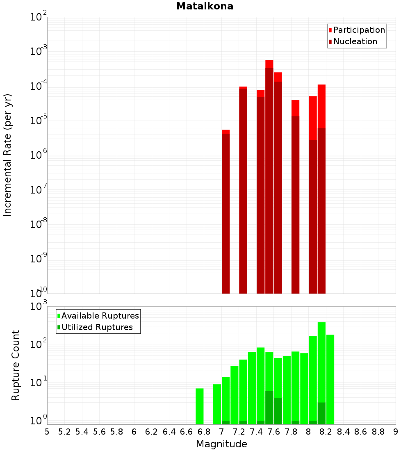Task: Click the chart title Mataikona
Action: pos(205,7)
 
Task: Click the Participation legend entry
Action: pos(359,30)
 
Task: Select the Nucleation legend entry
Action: pos(355,41)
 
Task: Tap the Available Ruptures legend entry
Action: pos(100,316)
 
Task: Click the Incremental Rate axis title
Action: pos(8,155)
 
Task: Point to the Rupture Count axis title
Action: pos(16,365)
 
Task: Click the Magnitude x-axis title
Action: pos(221,444)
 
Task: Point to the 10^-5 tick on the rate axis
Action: pos(39,121)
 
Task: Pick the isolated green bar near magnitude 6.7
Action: pos(200,406)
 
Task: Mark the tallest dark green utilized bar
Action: pos(269,408)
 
